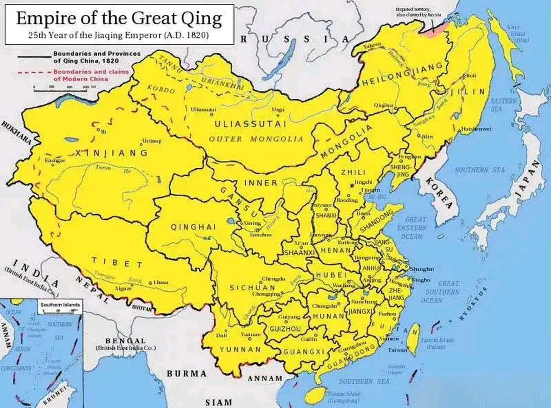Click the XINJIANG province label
click(111, 153)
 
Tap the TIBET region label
click(117, 263)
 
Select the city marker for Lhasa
click(150, 283)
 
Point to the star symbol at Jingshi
click(352, 186)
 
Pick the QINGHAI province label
click(193, 227)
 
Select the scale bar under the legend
click(60, 91)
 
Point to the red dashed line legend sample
click(34, 72)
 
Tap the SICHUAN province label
click(252, 288)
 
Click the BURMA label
click(187, 374)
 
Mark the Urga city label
click(278, 110)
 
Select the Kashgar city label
click(55, 160)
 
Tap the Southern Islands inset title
click(60, 305)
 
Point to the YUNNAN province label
click(240, 349)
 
